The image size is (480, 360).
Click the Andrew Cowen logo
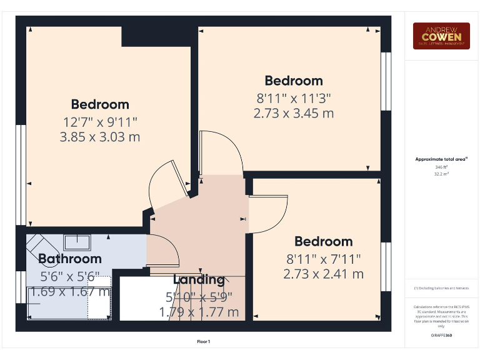(x=441, y=36)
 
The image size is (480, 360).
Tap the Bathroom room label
(x=69, y=258)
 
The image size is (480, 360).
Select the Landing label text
(x=199, y=280)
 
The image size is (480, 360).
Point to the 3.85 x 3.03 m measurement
(x=100, y=137)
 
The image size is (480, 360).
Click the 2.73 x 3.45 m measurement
(x=294, y=113)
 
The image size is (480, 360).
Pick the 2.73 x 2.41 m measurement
(x=324, y=274)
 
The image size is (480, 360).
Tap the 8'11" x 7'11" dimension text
(x=324, y=258)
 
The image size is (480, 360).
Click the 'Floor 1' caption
(x=204, y=341)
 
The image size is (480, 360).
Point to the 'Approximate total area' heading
(x=441, y=160)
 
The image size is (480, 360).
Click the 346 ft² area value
(x=441, y=167)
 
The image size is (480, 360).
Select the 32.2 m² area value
(x=441, y=174)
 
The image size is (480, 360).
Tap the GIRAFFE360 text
(x=441, y=336)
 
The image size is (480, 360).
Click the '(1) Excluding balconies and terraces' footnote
(x=441, y=288)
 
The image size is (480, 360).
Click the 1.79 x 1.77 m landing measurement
(x=199, y=311)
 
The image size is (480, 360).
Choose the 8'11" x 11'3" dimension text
(x=294, y=97)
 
